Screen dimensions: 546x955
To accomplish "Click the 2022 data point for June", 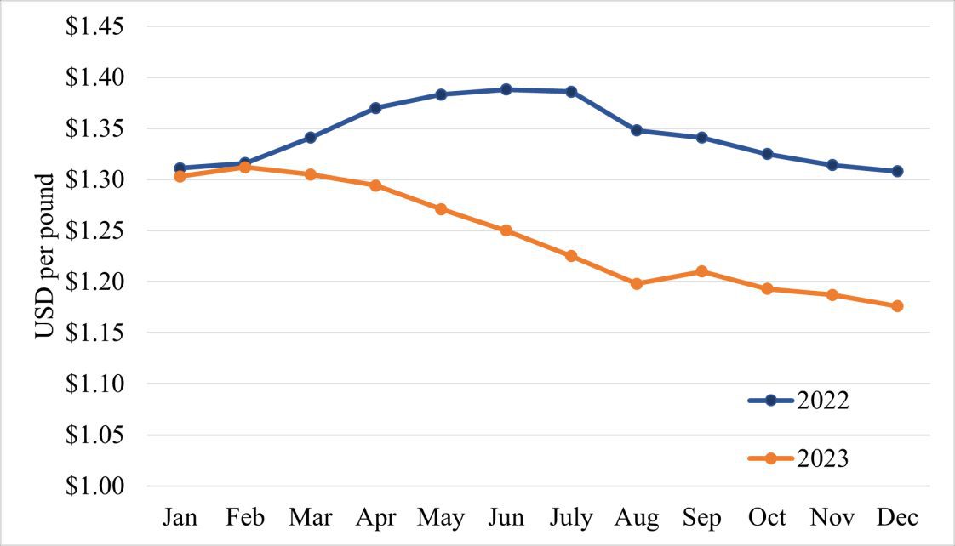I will point(506,89).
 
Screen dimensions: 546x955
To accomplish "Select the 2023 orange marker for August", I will point(637,284).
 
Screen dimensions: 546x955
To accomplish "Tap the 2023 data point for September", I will point(701,271).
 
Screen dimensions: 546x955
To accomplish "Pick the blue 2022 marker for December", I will point(897,171).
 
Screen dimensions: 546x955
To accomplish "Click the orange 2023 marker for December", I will point(897,306).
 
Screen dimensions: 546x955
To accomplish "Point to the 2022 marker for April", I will point(375,108).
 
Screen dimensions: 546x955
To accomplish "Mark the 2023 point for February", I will point(245,168).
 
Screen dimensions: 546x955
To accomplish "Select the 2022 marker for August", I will point(637,130).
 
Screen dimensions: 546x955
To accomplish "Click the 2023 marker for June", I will point(506,230).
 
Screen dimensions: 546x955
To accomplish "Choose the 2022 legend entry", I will point(798,401).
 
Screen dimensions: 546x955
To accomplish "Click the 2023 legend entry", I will point(798,458).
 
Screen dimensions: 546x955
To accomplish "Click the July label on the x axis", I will point(571,518).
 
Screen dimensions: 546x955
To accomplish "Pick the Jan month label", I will point(180,518).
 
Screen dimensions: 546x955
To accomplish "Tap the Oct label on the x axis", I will point(767,518).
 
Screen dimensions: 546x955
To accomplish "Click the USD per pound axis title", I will point(46,256).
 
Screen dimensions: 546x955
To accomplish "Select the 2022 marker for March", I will point(310,137).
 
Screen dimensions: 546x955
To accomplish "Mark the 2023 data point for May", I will point(441,209).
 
